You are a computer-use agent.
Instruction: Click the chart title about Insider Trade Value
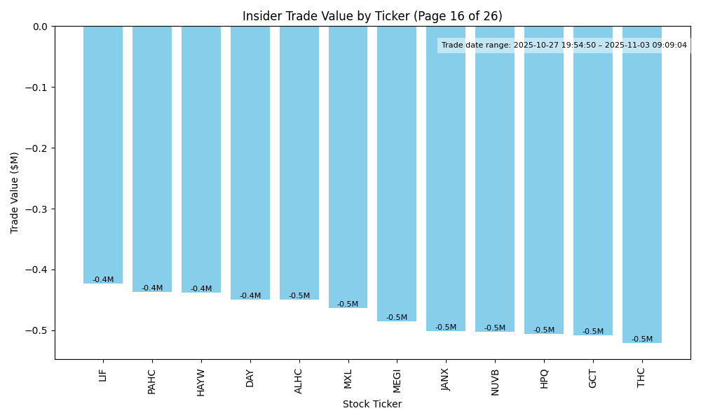pyautogui.click(x=372, y=16)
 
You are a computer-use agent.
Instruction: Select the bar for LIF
pyautogui.click(x=103, y=154)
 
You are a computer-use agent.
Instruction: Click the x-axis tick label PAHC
pyautogui.click(x=152, y=381)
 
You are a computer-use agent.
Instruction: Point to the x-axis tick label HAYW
pyautogui.click(x=201, y=382)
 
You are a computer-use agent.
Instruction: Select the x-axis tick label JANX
pyautogui.click(x=446, y=379)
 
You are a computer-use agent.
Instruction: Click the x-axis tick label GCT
pyautogui.click(x=593, y=379)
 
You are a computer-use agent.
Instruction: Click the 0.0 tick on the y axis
pyautogui.click(x=41, y=27)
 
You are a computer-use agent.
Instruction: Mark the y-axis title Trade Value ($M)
pyautogui.click(x=15, y=192)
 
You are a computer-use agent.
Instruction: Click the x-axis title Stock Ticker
pyautogui.click(x=372, y=404)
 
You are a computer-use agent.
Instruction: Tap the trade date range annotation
pyautogui.click(x=564, y=45)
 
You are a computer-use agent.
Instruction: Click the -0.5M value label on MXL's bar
pyautogui.click(x=348, y=304)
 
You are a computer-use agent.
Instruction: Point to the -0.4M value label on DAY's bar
pyautogui.click(x=250, y=296)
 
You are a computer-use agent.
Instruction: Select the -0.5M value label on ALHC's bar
pyautogui.click(x=299, y=296)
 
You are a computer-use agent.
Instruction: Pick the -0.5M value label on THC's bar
pyautogui.click(x=642, y=339)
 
